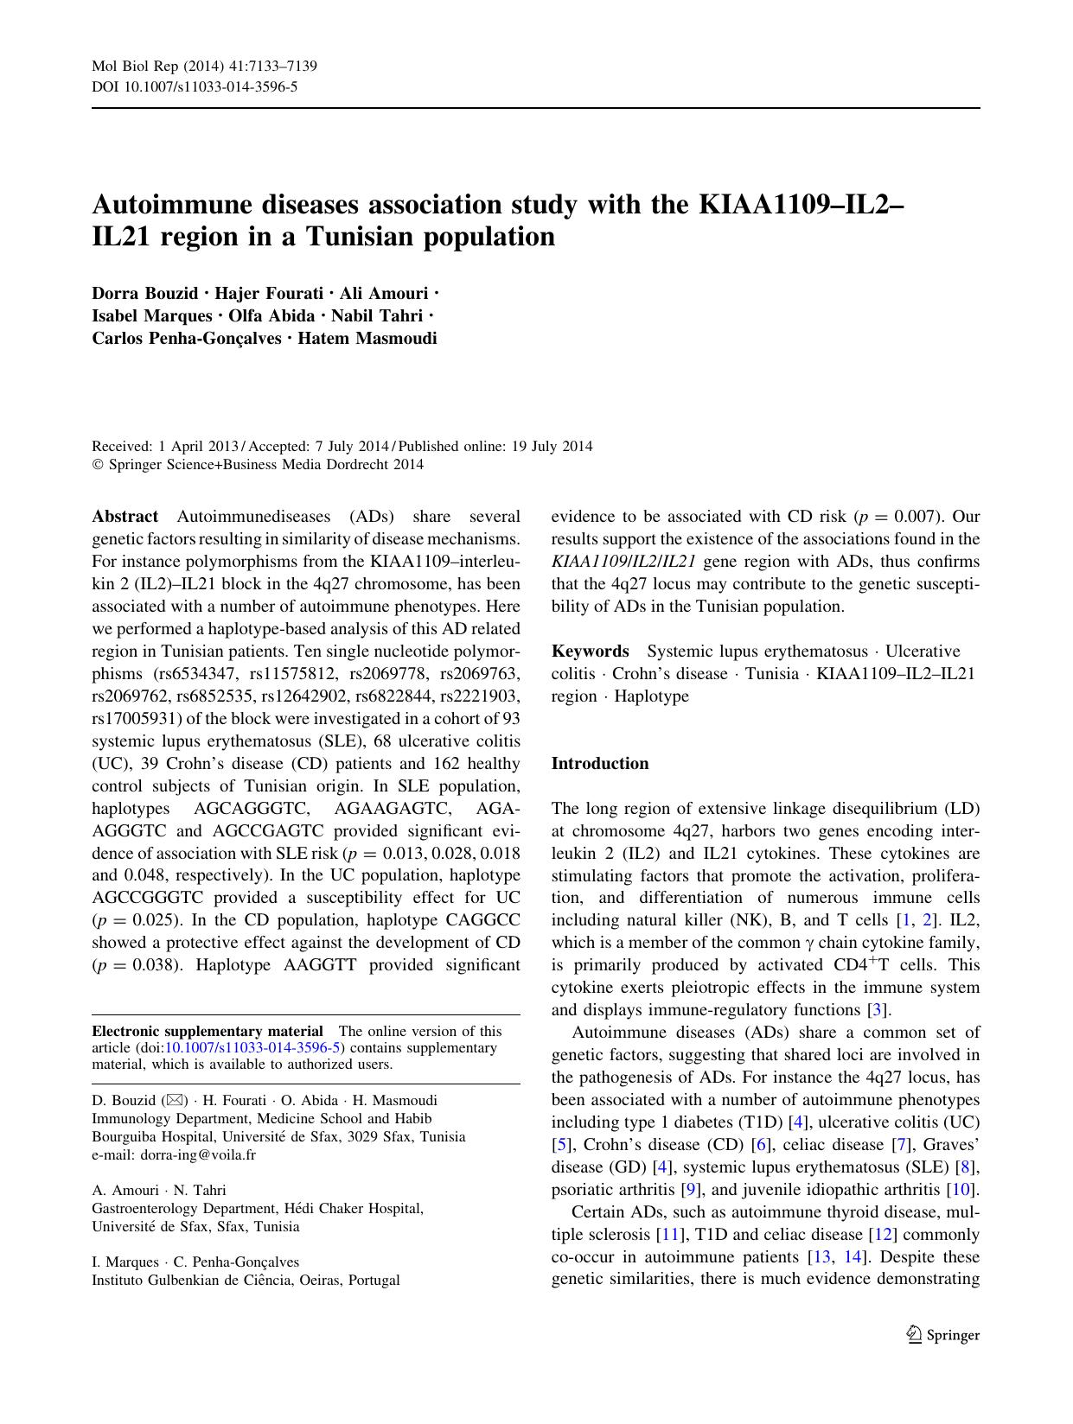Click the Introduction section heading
(x=599, y=763)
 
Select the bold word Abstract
(x=125, y=517)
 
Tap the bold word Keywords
(x=591, y=651)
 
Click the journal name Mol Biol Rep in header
(x=129, y=66)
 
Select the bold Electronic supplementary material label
(x=208, y=1031)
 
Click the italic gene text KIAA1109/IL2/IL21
(x=623, y=562)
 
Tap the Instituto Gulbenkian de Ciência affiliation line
(x=246, y=1280)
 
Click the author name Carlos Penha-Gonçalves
(x=187, y=338)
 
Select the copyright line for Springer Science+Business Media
(x=258, y=464)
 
